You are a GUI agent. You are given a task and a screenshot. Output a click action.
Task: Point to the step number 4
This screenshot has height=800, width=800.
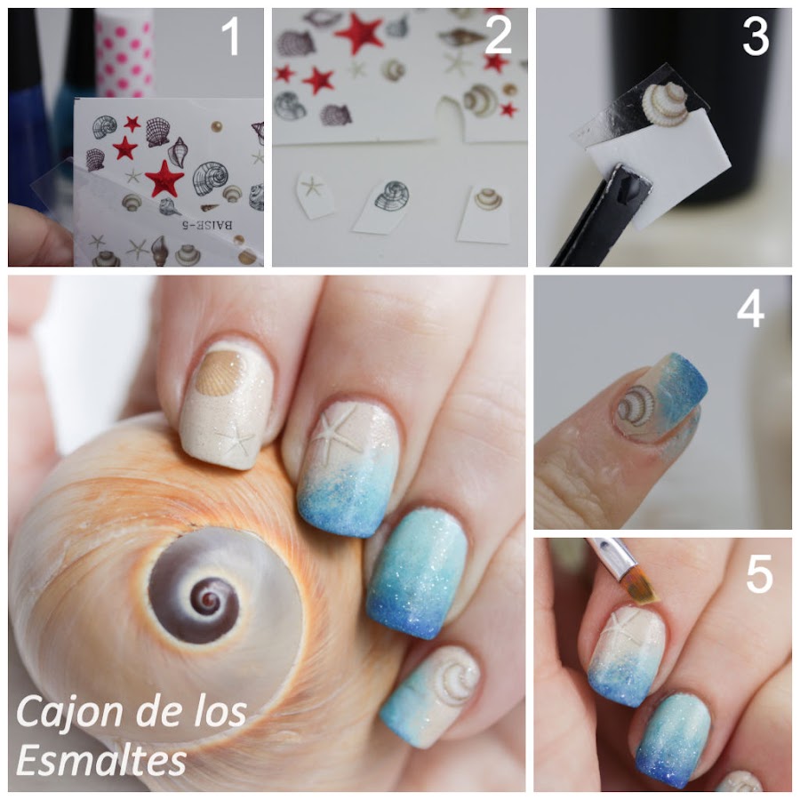(751, 308)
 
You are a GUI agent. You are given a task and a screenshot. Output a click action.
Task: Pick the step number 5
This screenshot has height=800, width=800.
(757, 575)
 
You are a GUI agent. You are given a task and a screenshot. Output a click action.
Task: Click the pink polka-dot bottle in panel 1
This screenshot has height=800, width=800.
(124, 49)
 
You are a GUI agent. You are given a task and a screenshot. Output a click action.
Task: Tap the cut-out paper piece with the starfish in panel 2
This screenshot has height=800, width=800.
(314, 193)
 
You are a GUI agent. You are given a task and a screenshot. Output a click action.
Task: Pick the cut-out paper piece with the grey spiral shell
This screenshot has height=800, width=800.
(384, 205)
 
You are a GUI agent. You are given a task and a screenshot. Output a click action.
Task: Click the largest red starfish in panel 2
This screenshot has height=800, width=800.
(359, 33)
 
